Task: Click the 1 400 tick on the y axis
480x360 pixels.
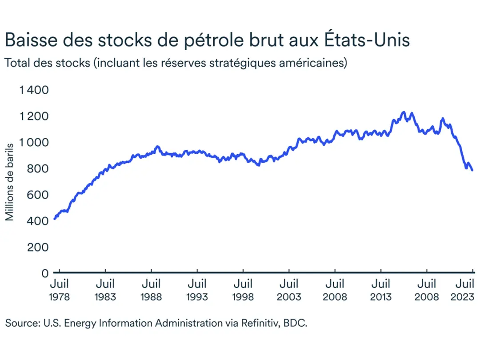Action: (34, 90)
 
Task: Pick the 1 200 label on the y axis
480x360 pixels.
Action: (34, 116)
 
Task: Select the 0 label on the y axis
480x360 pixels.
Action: (44, 273)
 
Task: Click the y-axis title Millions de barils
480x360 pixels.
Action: (10, 179)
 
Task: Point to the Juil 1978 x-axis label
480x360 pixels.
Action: (60, 290)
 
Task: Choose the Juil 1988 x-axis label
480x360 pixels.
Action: (152, 290)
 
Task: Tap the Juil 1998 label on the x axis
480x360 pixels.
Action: (243, 290)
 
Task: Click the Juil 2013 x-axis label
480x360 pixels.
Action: (381, 290)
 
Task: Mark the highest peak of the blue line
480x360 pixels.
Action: (404, 112)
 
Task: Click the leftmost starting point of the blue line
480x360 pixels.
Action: (54, 219)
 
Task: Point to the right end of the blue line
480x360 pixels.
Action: (472, 170)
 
